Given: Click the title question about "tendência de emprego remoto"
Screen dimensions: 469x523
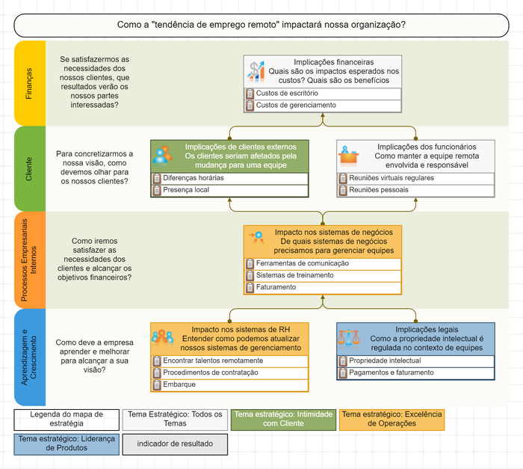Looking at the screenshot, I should [x=261, y=25].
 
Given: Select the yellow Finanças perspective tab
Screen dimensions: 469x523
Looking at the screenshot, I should [x=29, y=83].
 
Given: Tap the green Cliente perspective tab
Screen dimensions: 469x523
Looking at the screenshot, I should [x=29, y=169].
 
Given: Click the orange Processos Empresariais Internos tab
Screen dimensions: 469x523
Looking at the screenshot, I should [x=29, y=260].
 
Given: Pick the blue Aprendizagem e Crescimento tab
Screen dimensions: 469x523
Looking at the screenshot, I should [x=29, y=357].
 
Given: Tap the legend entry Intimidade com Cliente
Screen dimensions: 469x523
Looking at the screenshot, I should [x=283, y=419].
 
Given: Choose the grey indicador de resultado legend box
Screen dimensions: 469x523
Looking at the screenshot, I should [x=175, y=444].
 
